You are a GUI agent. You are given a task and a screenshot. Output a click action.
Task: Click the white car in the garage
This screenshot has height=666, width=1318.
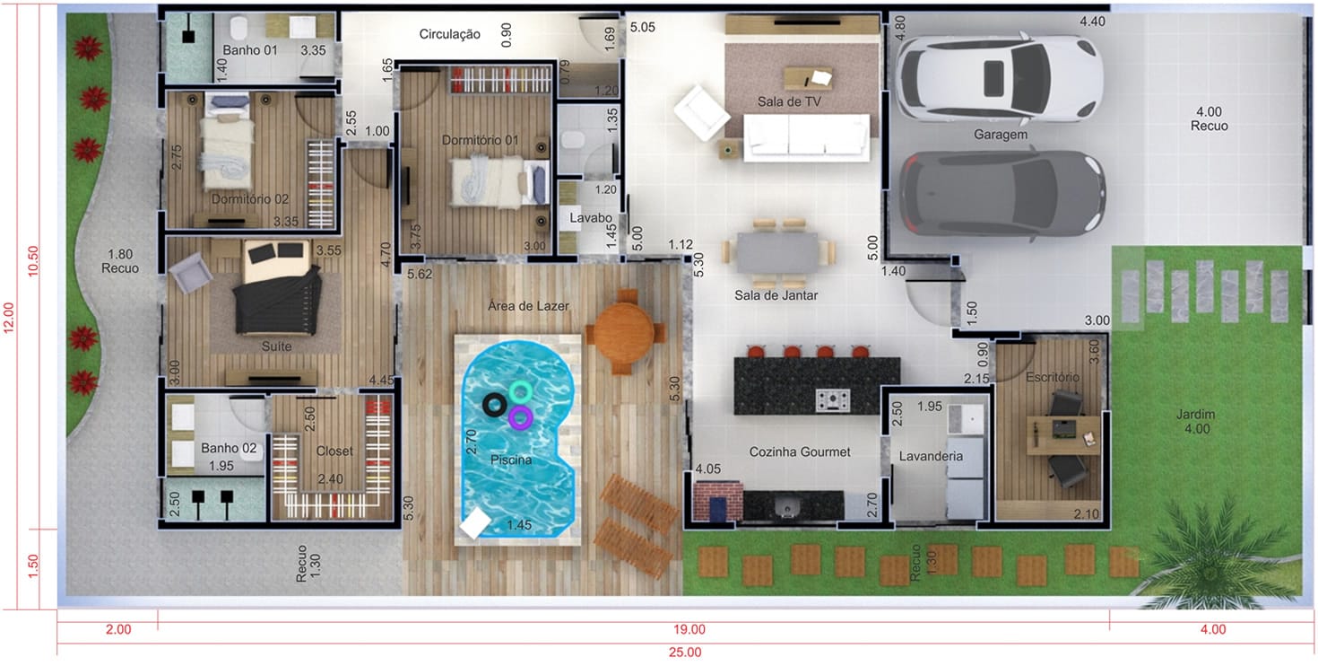point(999,78)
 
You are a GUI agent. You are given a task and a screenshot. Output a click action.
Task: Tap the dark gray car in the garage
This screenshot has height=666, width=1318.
point(1002,194)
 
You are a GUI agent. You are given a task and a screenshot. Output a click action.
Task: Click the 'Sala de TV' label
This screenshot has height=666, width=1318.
point(788,101)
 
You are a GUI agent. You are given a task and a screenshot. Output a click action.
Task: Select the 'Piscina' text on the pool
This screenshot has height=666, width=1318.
point(511,460)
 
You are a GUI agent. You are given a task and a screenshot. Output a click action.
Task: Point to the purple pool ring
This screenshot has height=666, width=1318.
point(520,418)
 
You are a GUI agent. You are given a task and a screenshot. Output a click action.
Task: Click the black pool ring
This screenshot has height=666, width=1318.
point(494,405)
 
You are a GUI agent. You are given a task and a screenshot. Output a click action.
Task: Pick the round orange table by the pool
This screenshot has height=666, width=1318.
point(624,332)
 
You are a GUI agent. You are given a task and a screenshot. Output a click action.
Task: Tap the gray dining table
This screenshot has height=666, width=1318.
point(778,252)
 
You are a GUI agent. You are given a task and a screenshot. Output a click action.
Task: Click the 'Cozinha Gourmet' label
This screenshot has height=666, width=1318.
point(799,451)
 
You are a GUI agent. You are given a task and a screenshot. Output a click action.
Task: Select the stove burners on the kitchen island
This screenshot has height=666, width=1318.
point(832,399)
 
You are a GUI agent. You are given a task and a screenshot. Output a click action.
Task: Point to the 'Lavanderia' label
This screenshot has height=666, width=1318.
point(931,456)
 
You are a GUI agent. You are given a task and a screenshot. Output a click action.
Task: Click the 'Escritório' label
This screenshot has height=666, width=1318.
point(1053,377)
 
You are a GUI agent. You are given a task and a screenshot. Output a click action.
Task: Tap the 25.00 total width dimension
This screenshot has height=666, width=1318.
point(685,652)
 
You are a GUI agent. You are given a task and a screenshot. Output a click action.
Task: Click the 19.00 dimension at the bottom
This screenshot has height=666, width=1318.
point(689,629)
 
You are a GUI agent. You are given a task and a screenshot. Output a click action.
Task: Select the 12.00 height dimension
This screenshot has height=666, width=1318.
point(8,318)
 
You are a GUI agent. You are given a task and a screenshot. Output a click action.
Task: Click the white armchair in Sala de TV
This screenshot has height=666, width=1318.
point(701,112)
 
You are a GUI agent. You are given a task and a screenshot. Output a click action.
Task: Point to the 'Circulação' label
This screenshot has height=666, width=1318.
point(449,34)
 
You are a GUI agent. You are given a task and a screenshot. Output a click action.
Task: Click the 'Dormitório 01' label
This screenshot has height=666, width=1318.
point(481,140)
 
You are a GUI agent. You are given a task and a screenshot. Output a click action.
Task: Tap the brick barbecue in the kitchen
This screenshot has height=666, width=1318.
point(717,501)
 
